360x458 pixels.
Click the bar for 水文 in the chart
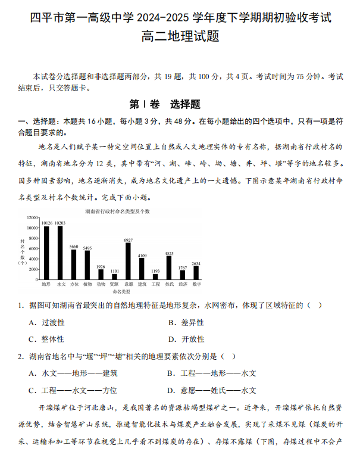60,253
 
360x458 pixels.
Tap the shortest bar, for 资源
115,277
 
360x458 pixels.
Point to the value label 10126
47,223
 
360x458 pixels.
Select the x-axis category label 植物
87,284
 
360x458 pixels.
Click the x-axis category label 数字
196,284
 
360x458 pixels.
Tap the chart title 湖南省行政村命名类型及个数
117,211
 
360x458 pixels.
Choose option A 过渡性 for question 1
47,322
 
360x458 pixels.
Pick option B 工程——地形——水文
212,373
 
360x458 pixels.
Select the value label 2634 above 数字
196,263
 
